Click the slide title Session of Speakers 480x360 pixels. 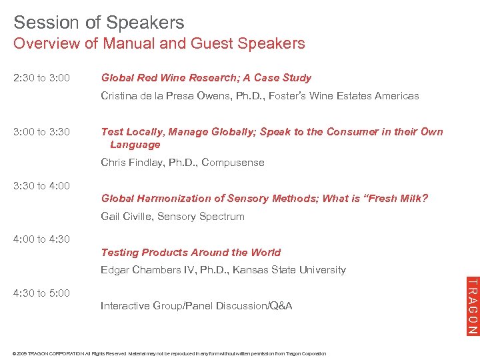click(99, 22)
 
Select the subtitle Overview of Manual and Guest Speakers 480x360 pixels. click(159, 44)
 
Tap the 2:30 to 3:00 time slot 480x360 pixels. click(41, 78)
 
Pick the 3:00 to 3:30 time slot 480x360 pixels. click(41, 132)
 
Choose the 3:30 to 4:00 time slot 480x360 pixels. click(41, 186)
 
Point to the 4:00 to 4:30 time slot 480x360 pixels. click(41, 239)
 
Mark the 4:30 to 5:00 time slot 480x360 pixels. click(41, 293)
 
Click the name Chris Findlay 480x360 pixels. click(133, 163)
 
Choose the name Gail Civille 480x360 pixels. click(126, 217)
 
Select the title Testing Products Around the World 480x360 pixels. click(191, 253)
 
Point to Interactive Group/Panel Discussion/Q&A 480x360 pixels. click(196, 306)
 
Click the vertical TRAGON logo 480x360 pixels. click(471, 305)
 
